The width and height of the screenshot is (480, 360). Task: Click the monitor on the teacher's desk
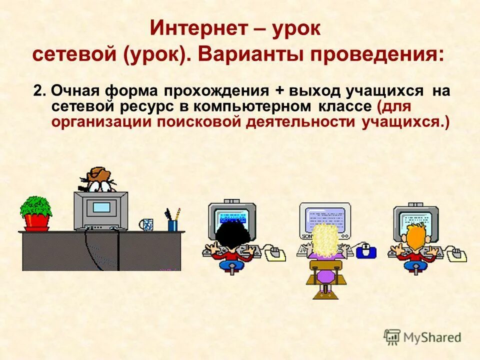(x=100, y=209)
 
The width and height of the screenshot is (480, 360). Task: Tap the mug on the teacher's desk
(x=146, y=224)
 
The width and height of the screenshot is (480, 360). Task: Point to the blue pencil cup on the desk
(x=172, y=225)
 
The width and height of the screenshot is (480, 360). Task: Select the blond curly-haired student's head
(x=325, y=239)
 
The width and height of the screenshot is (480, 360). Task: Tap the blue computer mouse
(x=366, y=251)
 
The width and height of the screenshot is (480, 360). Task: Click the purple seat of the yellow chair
(x=325, y=275)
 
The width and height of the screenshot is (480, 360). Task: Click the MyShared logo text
(x=431, y=337)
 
